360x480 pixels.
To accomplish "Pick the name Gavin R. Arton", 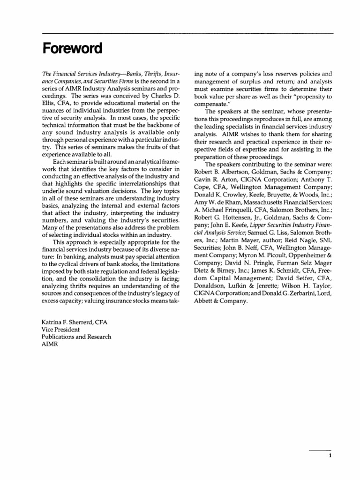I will [213, 186].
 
